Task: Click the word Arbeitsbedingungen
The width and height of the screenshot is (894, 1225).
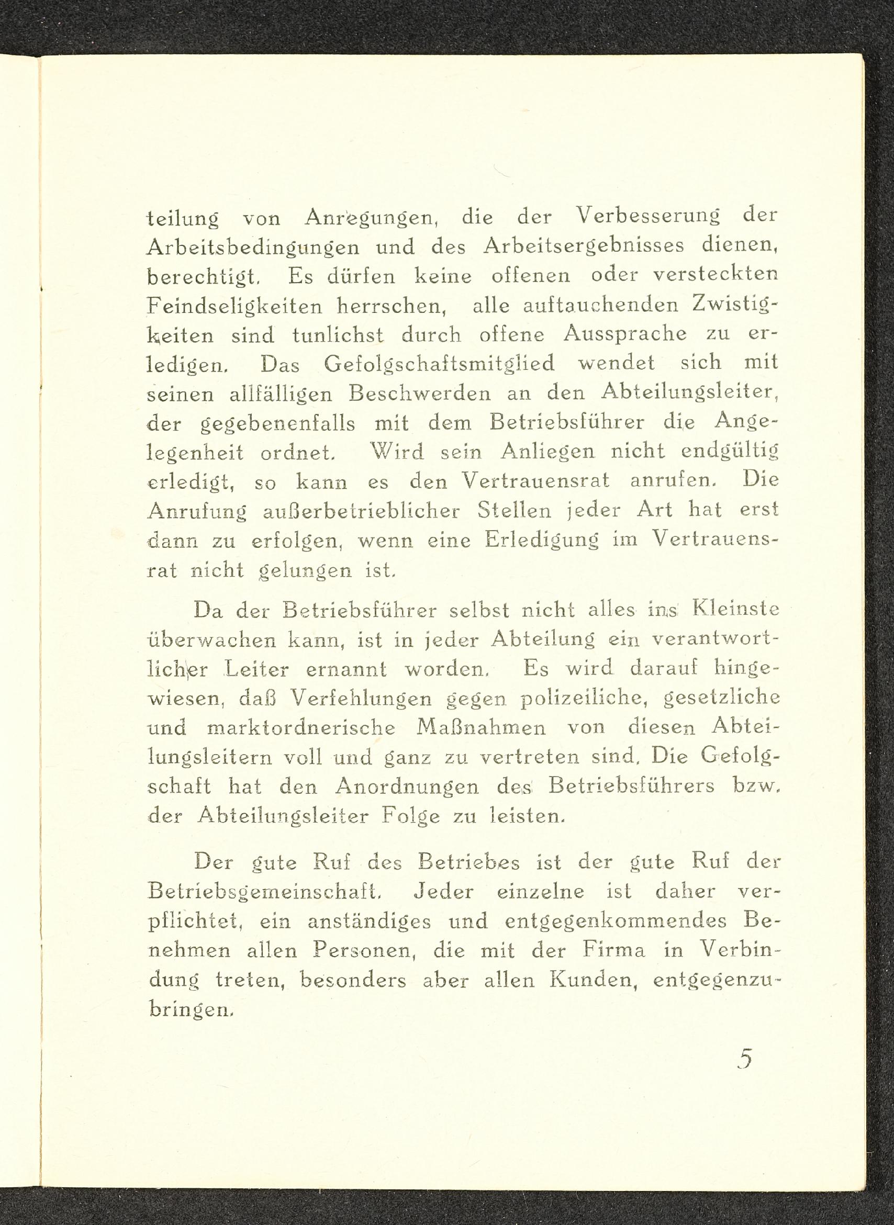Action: (x=253, y=248)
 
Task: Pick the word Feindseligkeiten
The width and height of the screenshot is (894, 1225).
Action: (x=234, y=306)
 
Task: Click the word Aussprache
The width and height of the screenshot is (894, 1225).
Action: (x=625, y=334)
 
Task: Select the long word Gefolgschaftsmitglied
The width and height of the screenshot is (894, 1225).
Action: (x=440, y=363)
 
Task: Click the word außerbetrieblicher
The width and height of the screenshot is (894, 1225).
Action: (x=362, y=510)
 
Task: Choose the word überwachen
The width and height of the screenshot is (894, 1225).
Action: (x=211, y=640)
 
